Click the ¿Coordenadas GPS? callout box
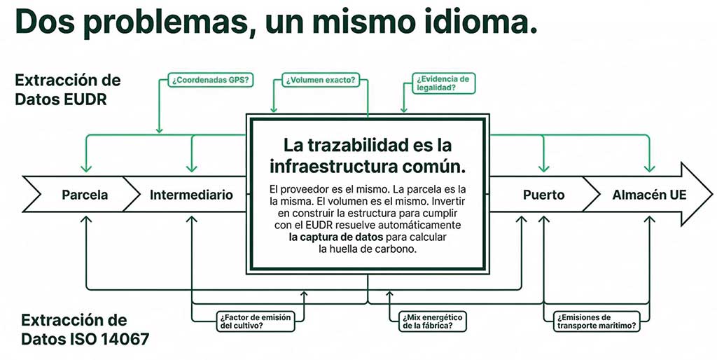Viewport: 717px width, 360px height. pos(210,80)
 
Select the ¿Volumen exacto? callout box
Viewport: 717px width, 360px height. pos(320,81)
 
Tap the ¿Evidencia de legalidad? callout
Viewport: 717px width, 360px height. pos(443,83)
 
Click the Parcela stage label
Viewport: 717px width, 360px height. pos(85,195)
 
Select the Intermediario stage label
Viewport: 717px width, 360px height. pos(191,195)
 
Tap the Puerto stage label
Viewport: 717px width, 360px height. pos(543,195)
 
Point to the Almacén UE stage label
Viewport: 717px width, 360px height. pos(649,195)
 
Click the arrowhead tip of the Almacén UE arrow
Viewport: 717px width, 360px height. pos(711,194)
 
